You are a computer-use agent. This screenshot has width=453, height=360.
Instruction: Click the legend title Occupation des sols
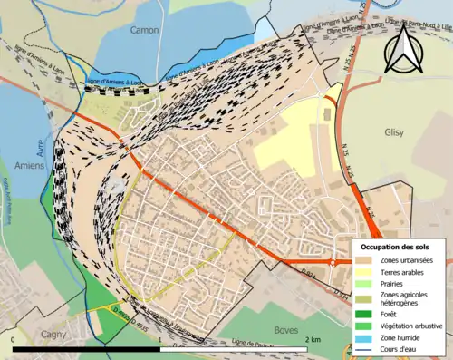click(399, 247)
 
